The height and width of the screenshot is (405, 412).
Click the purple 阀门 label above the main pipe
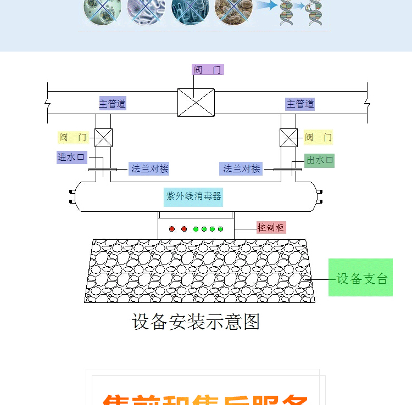[208, 70]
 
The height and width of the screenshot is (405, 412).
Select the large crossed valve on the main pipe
[196, 103]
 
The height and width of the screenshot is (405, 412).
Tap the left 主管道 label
[113, 103]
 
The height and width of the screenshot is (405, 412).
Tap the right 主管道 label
[300, 103]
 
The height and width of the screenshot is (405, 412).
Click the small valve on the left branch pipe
[103, 138]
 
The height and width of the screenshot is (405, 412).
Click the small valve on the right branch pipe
[289, 138]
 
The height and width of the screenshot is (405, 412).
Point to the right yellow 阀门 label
[319, 137]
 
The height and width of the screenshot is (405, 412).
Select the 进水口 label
[72, 157]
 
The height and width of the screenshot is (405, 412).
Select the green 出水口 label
[320, 160]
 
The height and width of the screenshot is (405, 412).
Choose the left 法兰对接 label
[149, 168]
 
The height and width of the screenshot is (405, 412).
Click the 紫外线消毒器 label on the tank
[194, 196]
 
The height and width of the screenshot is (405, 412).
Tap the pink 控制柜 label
[271, 227]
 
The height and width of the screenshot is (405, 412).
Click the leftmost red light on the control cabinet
[172, 229]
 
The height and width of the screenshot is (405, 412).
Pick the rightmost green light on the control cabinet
[221, 229]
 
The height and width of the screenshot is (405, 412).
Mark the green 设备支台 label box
[361, 278]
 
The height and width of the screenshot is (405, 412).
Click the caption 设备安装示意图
[196, 322]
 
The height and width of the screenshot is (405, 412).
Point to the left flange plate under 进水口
[102, 170]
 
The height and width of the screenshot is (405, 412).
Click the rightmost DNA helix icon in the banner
[315, 14]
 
